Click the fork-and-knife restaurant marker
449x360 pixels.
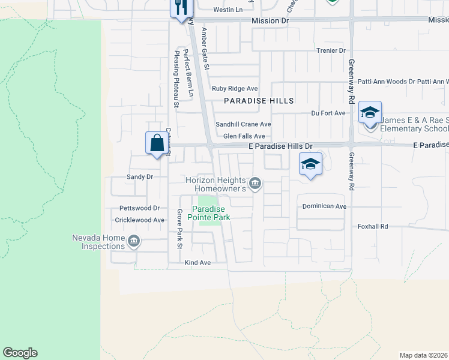point(181,8)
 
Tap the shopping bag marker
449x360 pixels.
point(156,143)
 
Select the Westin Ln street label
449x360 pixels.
point(228,10)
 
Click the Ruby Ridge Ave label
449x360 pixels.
point(235,88)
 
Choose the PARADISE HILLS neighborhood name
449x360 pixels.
point(259,101)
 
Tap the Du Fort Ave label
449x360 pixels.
point(328,113)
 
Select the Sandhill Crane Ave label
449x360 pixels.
point(244,124)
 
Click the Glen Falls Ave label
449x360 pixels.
point(244,136)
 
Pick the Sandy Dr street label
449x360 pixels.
point(140,177)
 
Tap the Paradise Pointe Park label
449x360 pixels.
point(208,213)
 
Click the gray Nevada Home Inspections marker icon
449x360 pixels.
point(133,241)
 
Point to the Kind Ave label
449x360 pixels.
point(197,263)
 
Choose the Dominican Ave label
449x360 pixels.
point(324,206)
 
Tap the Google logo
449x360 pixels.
point(20,353)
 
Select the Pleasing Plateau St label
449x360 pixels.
point(176,79)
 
